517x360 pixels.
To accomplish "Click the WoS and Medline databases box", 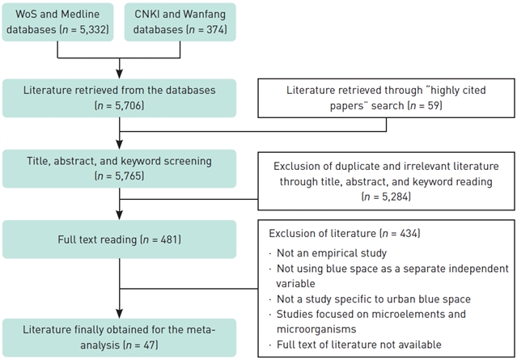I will [57, 22].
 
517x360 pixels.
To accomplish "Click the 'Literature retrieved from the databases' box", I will [120, 97].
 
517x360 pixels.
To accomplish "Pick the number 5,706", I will [125, 105].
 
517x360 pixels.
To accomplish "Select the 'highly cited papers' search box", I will [387, 97].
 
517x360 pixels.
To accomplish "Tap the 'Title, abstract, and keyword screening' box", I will [120, 168].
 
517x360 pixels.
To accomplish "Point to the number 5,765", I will [125, 176].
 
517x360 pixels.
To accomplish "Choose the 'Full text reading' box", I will [120, 239].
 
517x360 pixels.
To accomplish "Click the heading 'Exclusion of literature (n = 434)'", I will [337, 234].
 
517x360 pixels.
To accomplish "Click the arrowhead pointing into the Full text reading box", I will [120, 216].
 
